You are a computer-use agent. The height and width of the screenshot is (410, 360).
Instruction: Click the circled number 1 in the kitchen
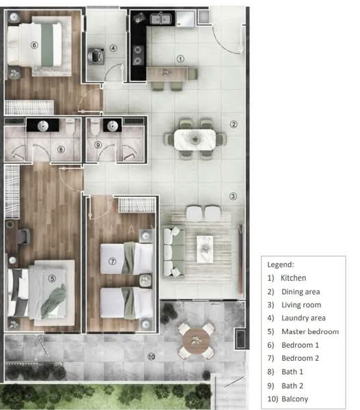coord(180,59)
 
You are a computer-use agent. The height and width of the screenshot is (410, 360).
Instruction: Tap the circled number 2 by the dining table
coord(233,124)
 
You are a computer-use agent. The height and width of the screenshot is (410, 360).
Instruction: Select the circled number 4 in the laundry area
coord(113,48)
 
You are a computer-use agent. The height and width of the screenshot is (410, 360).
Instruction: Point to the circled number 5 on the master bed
coord(52,278)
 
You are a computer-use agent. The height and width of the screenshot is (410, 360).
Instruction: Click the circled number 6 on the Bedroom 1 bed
coord(34,45)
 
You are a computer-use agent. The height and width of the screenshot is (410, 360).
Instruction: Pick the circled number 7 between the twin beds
coord(113,261)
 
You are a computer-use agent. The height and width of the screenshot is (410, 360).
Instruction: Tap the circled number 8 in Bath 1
coord(61,148)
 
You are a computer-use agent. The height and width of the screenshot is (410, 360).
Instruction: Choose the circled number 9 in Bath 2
coord(98,145)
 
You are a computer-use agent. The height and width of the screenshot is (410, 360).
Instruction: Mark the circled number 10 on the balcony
coord(151,356)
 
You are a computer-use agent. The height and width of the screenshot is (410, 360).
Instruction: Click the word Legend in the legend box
coord(281,264)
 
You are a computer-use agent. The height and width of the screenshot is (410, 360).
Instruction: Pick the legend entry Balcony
coord(294,398)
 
